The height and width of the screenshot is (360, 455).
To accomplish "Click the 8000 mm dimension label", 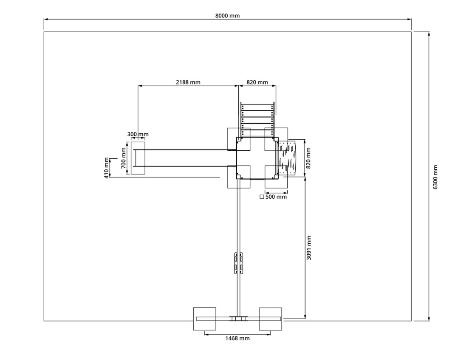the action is coord(227,16).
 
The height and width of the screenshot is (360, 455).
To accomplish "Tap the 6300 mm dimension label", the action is coord(435,177).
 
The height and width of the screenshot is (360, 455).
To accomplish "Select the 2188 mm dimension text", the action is coord(188,82).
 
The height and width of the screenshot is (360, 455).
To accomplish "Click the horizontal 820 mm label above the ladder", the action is coord(257,82).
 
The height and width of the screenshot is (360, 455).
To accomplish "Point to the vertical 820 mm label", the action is coord(308,158).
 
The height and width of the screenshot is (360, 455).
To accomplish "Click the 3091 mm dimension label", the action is coord(309,248).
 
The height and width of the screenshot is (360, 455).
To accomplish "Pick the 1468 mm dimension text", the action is coord(237,338).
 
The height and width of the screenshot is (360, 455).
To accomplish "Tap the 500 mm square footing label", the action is coord(276,197).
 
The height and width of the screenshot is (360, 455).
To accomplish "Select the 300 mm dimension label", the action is coord(138,134).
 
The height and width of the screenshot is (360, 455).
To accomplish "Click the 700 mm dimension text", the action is coord(124,158).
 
